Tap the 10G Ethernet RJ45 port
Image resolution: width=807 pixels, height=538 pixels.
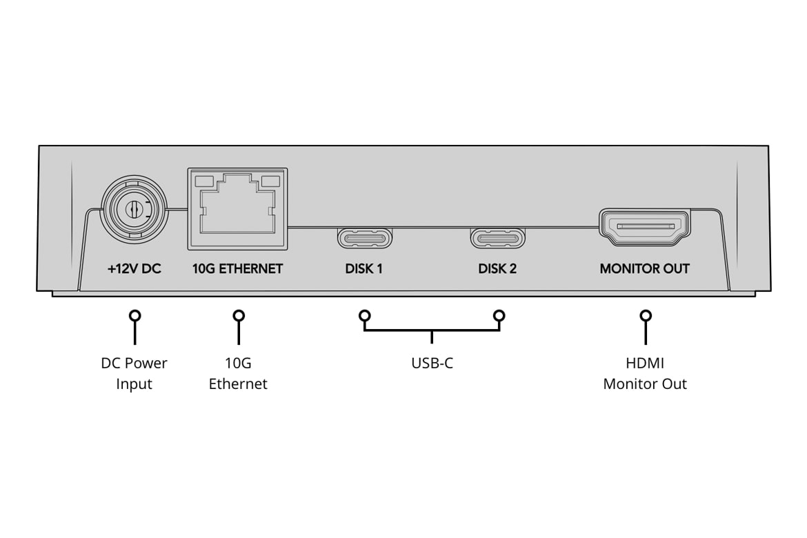tap(237, 209)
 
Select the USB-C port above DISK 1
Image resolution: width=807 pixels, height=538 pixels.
tap(364, 239)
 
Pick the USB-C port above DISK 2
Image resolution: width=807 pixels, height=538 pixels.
tap(498, 239)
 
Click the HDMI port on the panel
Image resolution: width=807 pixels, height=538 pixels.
tap(644, 227)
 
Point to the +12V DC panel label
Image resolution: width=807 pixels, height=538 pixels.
tap(134, 269)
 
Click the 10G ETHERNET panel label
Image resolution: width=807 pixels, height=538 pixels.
tap(237, 269)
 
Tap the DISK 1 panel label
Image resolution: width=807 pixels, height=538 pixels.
tap(364, 269)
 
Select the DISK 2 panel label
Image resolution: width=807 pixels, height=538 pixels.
tap(497, 269)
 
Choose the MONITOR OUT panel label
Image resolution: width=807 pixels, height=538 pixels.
tap(644, 269)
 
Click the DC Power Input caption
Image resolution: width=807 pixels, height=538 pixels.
tap(134, 373)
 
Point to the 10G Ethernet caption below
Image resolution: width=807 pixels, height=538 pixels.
tap(238, 373)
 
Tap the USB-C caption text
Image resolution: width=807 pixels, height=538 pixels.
tap(432, 363)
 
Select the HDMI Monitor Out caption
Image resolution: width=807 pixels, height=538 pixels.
tap(645, 373)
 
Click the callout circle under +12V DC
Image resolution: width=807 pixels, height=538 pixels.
tap(134, 316)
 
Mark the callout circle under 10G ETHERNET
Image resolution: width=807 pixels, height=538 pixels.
tap(239, 316)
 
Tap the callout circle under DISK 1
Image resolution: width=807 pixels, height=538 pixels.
tap(364, 316)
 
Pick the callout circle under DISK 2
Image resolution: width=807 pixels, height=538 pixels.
tap(499, 316)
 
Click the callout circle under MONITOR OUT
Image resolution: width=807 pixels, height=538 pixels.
tap(646, 316)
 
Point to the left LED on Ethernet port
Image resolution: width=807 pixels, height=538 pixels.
tap(204, 181)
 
